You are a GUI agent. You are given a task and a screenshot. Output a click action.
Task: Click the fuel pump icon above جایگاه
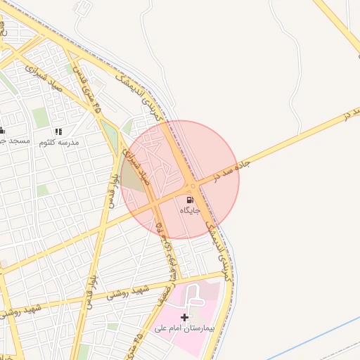coord(192,200)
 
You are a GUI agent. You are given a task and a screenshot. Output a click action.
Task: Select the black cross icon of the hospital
coord(185,317)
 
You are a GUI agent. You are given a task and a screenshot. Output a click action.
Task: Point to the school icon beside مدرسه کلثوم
coord(58,131)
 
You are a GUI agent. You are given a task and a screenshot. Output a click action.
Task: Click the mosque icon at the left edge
coord(2,130)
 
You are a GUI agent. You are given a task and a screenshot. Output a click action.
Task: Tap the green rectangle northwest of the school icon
coord(40,117)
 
